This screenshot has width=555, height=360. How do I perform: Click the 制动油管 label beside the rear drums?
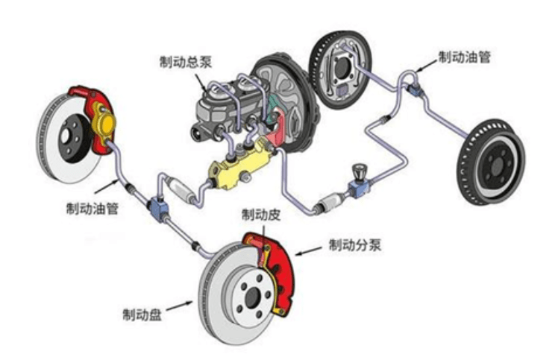point(463,57)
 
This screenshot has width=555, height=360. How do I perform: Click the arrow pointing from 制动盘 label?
point(179,304)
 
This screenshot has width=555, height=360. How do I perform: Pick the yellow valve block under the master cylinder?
point(237,167)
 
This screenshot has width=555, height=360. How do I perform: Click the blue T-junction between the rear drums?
point(415,89)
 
